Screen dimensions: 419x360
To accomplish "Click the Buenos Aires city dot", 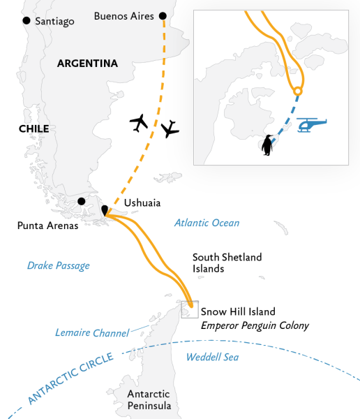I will pos(163,15).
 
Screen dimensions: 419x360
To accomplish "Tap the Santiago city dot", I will pos(27,21).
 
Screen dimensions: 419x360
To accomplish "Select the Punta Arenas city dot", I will pos(82,201).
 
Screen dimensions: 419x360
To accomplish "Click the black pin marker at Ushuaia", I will pos(105,211).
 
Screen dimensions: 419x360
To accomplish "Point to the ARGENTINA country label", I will pos(87,64).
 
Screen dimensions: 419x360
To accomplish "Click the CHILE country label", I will pos(33,128).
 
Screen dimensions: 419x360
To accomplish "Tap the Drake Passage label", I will pos(58,265).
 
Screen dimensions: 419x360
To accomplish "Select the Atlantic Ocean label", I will pos(207,223).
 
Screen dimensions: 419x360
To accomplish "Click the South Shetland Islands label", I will pos(227,263).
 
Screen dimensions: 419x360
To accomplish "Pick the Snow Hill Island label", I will pos(237,311).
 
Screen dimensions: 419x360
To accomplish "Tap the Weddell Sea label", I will pos(212,358).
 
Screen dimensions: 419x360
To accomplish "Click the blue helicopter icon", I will pos(312,125).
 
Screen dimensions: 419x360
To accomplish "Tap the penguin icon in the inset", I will pos(267,145).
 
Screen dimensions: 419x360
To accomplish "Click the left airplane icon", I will pos(140,122).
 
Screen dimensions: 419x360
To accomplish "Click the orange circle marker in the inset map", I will pos(298,91).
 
